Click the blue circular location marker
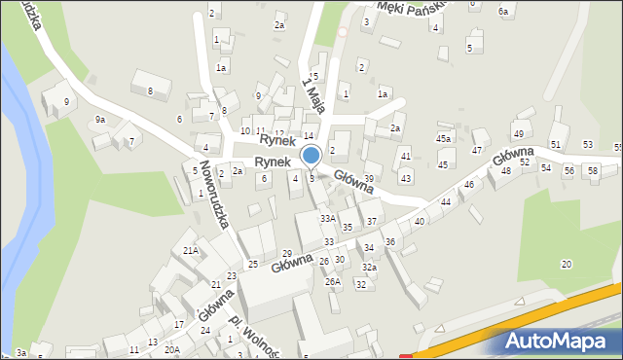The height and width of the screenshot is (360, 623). (311, 156)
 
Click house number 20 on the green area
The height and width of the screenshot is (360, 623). (566, 265)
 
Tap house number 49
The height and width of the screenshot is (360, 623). (518, 134)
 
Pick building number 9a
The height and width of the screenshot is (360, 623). (99, 120)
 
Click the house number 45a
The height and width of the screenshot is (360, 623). (443, 139)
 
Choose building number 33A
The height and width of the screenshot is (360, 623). (328, 219)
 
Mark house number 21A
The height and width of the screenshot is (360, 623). (191, 250)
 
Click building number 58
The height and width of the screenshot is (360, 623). (593, 171)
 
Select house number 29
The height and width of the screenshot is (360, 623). (286, 254)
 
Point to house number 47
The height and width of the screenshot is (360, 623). (477, 151)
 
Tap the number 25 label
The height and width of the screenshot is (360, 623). (253, 265)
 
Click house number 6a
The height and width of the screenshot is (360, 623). (503, 12)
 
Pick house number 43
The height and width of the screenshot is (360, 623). (406, 179)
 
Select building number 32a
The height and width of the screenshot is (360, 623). (369, 268)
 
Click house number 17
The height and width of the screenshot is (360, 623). (179, 324)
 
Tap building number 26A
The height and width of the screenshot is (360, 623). (332, 282)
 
